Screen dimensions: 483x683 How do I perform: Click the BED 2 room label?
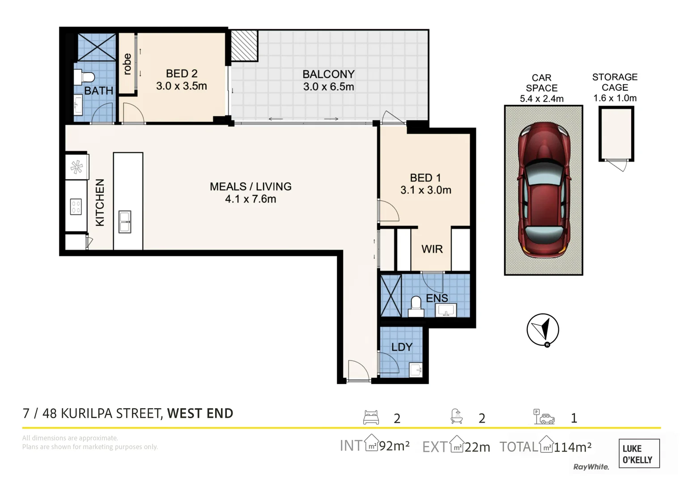[182, 74]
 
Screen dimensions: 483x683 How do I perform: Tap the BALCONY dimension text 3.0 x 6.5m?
[328, 87]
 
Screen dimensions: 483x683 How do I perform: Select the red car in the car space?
[543, 190]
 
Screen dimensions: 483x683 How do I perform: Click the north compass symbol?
[543, 330]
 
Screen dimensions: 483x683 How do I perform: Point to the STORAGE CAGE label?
[615, 82]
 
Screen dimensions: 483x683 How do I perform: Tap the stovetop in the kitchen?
[76, 207]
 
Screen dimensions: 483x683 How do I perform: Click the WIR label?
[432, 249]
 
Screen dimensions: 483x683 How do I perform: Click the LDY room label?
[401, 347]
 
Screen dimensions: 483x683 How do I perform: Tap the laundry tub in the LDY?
[416, 370]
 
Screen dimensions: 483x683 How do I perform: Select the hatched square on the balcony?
[244, 46]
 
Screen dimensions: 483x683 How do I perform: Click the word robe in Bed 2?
[127, 64]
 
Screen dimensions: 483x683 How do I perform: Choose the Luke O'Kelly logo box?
[638, 454]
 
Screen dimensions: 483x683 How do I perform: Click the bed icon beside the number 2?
[371, 417]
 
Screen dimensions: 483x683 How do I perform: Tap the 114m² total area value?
[573, 447]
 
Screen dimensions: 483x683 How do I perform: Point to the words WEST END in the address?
[200, 413]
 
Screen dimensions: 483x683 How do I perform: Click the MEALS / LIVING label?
[250, 186]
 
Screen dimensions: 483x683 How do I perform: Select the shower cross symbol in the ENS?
[390, 296]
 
